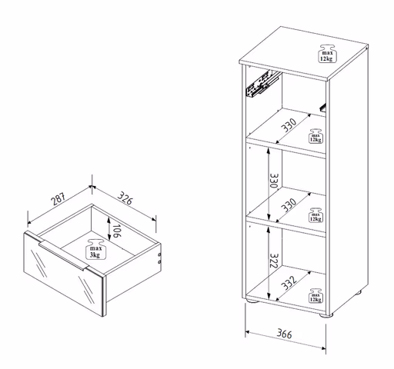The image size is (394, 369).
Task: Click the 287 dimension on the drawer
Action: coord(58,199)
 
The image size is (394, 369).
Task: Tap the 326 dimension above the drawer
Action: coord(125,198)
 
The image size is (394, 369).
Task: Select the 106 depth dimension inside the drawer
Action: coord(117,231)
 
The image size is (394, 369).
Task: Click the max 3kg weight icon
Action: coord(95,250)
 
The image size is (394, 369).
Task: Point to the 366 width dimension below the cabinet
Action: coord(284,334)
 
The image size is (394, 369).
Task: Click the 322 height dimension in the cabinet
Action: coord(274,261)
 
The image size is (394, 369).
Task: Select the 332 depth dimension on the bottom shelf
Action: coord(289,283)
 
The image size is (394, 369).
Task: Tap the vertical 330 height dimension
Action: coord(274,181)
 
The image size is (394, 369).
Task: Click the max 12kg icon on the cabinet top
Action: coord(327,53)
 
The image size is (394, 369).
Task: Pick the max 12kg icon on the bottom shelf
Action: coord(316,295)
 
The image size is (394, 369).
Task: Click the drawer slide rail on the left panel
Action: coord(262,84)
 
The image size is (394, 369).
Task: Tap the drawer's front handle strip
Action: coord(62,255)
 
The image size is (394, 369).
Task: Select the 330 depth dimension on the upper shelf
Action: coord(289,125)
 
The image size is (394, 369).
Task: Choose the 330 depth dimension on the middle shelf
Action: coord(289,205)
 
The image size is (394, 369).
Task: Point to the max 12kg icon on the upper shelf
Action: coord(316,136)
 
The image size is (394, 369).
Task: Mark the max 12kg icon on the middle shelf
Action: coord(316,215)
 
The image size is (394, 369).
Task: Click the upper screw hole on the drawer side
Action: coord(159,254)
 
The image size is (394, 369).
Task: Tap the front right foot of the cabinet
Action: coord(326,315)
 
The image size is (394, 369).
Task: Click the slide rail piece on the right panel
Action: coord(322,108)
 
